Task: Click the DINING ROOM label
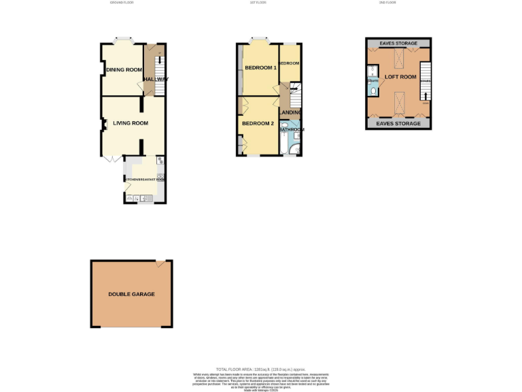(124, 70)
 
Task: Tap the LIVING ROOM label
(130, 123)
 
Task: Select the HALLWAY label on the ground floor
(156, 79)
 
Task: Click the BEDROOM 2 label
(259, 123)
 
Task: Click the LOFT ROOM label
(400, 78)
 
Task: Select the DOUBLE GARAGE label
(131, 294)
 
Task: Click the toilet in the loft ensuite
(373, 89)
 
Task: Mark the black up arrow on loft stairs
(425, 97)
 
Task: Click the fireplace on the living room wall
(105, 124)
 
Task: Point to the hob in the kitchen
(160, 161)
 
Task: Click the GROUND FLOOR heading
(121, 3)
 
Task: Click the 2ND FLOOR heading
(387, 3)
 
